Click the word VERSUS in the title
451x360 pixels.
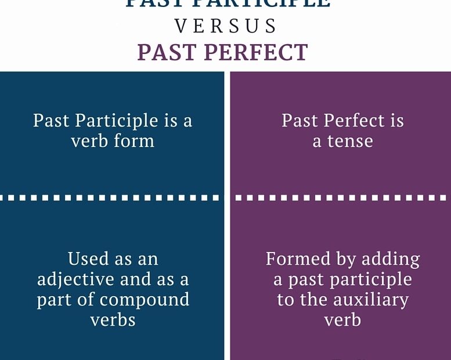tap(226, 26)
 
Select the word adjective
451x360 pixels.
tap(76, 279)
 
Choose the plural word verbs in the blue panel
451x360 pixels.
tap(113, 320)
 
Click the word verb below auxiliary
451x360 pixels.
tap(342, 320)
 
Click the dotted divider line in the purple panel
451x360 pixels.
tap(340, 197)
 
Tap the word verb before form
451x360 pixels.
tap(89, 141)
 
